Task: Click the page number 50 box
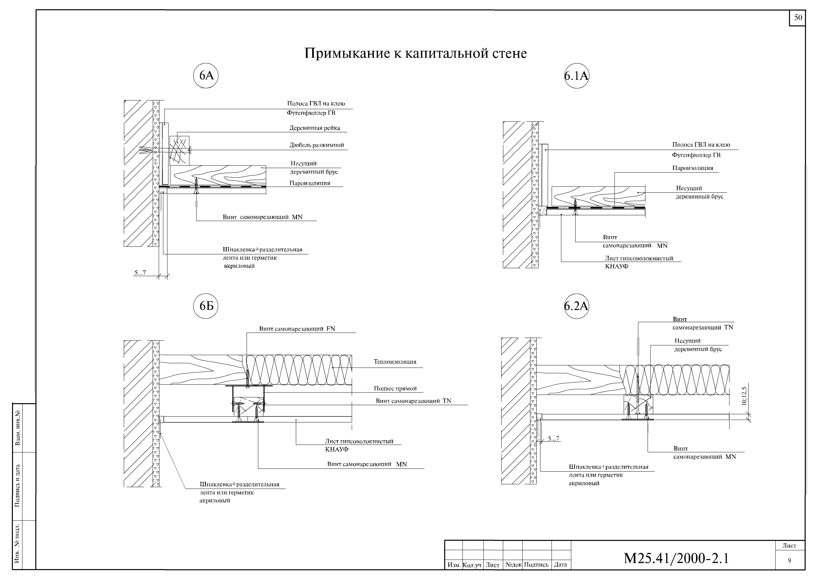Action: pos(798,17)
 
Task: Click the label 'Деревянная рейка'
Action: pos(315,128)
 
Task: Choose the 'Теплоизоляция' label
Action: pos(395,362)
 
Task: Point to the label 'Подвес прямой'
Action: pos(395,389)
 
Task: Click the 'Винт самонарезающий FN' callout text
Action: pos(297,329)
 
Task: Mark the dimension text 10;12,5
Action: pos(744,396)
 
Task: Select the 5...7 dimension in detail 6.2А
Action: pos(553,438)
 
